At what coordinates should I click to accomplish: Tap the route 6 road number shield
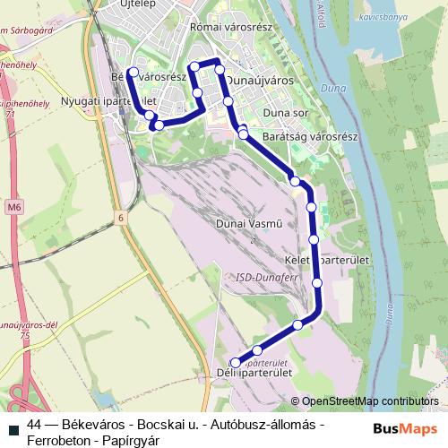121,217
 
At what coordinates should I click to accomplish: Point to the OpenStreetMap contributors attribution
370,401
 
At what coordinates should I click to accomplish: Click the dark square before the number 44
14,424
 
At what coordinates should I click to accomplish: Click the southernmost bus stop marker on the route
237,361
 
